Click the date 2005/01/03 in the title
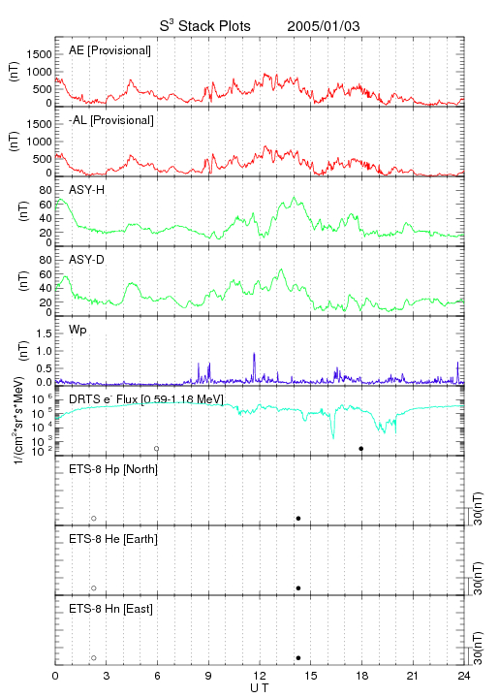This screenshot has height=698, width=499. [x=324, y=26]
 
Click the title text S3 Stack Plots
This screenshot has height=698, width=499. [x=205, y=26]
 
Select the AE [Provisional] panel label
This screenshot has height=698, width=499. [x=109, y=50]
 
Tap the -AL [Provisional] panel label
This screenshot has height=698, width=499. [x=111, y=120]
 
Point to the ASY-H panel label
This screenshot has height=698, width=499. [x=86, y=190]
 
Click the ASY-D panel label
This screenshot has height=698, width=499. [x=86, y=260]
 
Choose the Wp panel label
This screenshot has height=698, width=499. [x=78, y=330]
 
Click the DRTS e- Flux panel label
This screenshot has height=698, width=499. [x=146, y=399]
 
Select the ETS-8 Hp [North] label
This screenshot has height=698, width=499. [x=113, y=469]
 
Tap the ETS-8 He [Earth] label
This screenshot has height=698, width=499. [x=113, y=539]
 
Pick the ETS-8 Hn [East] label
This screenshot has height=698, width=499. [x=110, y=609]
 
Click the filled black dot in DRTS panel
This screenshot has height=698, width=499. [x=361, y=449]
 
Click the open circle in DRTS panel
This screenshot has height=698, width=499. [x=157, y=449]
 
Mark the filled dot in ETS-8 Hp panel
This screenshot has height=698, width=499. [x=298, y=518]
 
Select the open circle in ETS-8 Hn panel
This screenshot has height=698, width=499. [x=94, y=658]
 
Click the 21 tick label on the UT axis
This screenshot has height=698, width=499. [x=413, y=676]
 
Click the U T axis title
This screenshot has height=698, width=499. [x=260, y=688]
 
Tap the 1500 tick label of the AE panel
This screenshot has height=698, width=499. [x=39, y=54]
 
